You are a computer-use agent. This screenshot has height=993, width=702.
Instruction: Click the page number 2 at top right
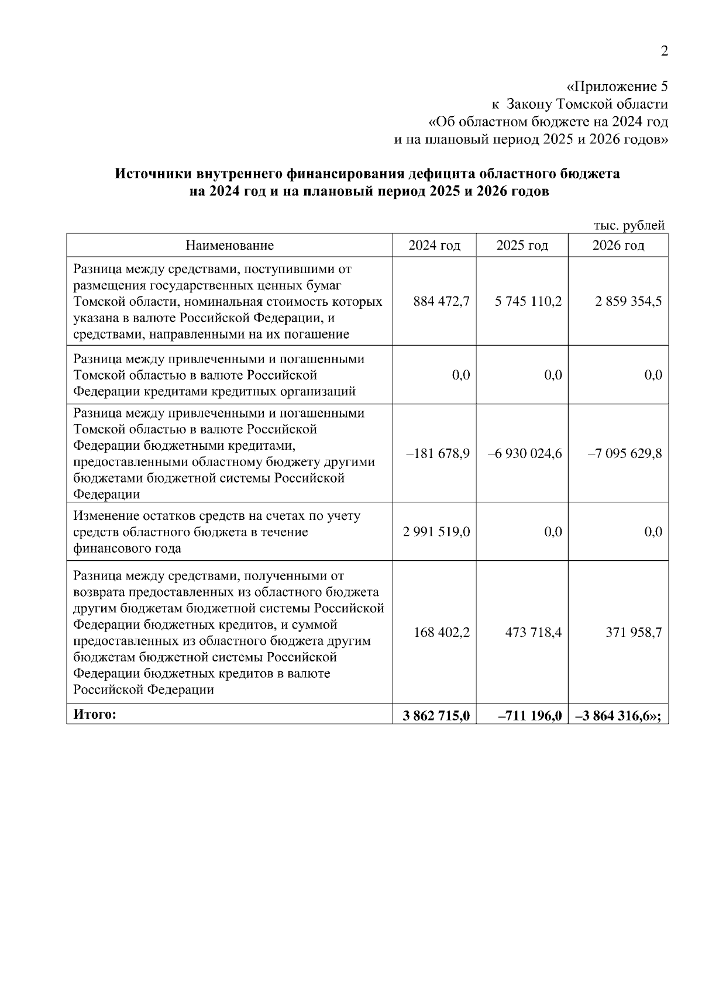pyautogui.click(x=664, y=51)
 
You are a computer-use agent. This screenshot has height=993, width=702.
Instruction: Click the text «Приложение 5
pyautogui.click(x=618, y=87)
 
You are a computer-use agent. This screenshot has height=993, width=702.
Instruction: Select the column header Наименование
pyautogui.click(x=229, y=246)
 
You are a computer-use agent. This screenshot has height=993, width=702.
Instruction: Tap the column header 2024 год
pyautogui.click(x=434, y=246)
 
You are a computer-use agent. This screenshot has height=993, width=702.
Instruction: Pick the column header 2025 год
pyautogui.click(x=522, y=246)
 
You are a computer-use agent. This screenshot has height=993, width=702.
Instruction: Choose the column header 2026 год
pyautogui.click(x=618, y=246)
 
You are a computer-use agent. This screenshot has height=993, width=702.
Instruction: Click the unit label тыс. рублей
pyautogui.click(x=629, y=225)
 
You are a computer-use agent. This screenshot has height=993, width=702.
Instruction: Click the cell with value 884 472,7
pyautogui.click(x=441, y=302)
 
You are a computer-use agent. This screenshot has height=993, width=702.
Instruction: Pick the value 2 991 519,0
pyautogui.click(x=436, y=532)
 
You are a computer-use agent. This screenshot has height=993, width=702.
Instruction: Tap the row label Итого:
pyautogui.click(x=95, y=714)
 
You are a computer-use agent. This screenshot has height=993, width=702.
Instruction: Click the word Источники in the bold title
pyautogui.click(x=154, y=174)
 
